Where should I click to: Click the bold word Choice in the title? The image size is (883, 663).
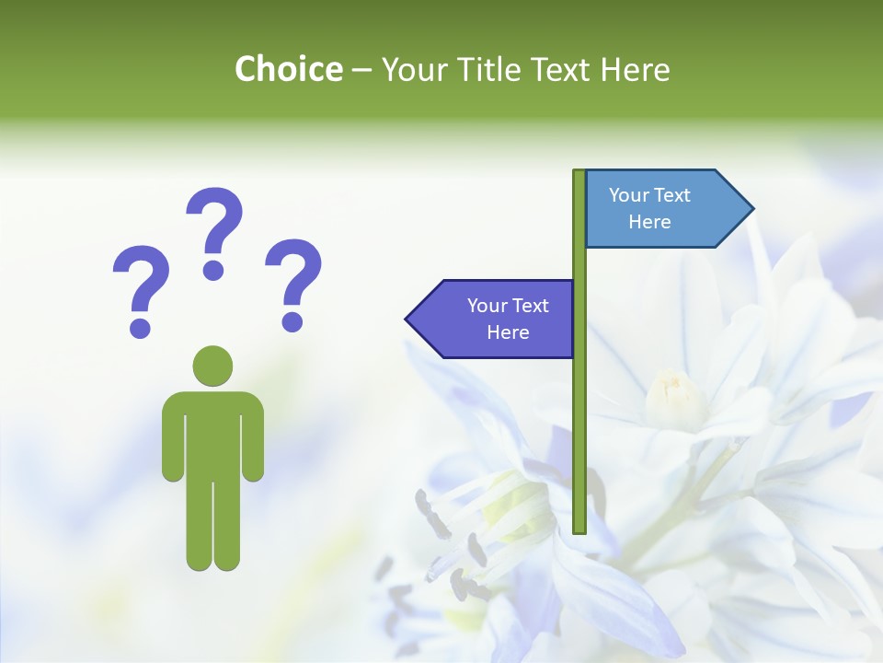point(288,69)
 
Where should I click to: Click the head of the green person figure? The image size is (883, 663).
point(212,366)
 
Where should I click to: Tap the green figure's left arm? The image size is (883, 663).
point(173,437)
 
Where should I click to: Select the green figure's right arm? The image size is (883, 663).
point(253,437)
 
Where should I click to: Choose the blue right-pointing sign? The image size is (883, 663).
point(658,209)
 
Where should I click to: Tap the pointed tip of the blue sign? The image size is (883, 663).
point(751,209)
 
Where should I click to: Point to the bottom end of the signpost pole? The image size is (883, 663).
point(579,529)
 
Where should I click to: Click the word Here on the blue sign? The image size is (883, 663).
point(649,222)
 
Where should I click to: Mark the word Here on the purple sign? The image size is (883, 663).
point(508,332)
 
